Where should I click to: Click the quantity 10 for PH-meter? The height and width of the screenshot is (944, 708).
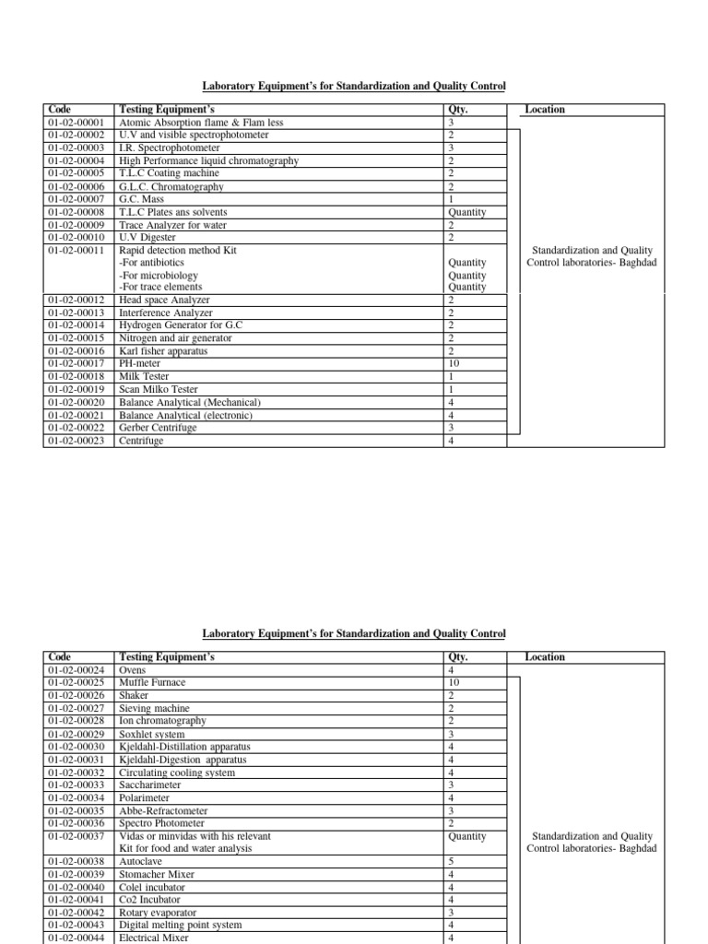(x=454, y=364)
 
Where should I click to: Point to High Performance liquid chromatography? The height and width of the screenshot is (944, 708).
(x=209, y=160)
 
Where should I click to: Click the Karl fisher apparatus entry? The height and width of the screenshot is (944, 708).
(x=163, y=351)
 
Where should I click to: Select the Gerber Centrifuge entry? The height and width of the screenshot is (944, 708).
(x=158, y=428)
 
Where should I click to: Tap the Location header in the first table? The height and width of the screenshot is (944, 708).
(x=545, y=110)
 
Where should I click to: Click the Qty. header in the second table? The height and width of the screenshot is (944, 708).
(x=458, y=657)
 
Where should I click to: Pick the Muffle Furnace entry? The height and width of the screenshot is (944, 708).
(x=152, y=682)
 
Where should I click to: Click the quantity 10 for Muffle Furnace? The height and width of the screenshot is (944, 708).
(x=454, y=682)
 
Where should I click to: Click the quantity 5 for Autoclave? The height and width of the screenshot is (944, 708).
(x=451, y=861)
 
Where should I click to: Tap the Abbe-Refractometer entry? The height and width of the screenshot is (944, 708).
(x=163, y=810)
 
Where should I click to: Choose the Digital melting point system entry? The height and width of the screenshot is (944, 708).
(x=181, y=925)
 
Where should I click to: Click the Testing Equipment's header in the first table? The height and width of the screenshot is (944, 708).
(x=167, y=110)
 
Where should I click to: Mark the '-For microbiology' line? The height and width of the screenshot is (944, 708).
(x=159, y=275)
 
